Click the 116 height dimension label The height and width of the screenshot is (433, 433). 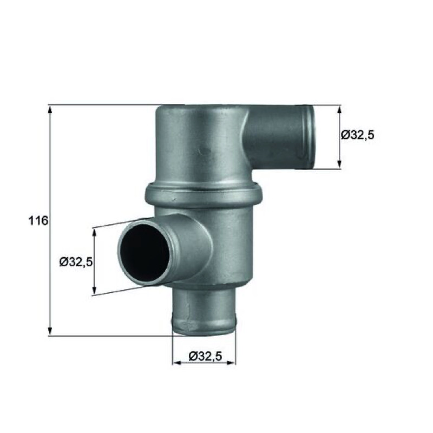[38, 221]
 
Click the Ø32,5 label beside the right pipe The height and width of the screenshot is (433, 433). [358, 135]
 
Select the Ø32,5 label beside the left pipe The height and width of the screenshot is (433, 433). [76, 262]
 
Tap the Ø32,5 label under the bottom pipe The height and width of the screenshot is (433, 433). [205, 356]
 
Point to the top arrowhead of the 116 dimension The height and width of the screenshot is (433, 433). [50, 110]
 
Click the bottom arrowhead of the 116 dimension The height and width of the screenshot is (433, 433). [50, 331]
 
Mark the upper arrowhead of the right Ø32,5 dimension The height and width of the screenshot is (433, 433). [339, 110]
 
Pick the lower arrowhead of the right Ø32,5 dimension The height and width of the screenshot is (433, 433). [339, 164]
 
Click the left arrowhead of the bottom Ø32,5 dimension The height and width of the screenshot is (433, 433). [177, 363]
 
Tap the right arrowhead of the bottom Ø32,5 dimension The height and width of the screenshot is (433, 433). [232, 363]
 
